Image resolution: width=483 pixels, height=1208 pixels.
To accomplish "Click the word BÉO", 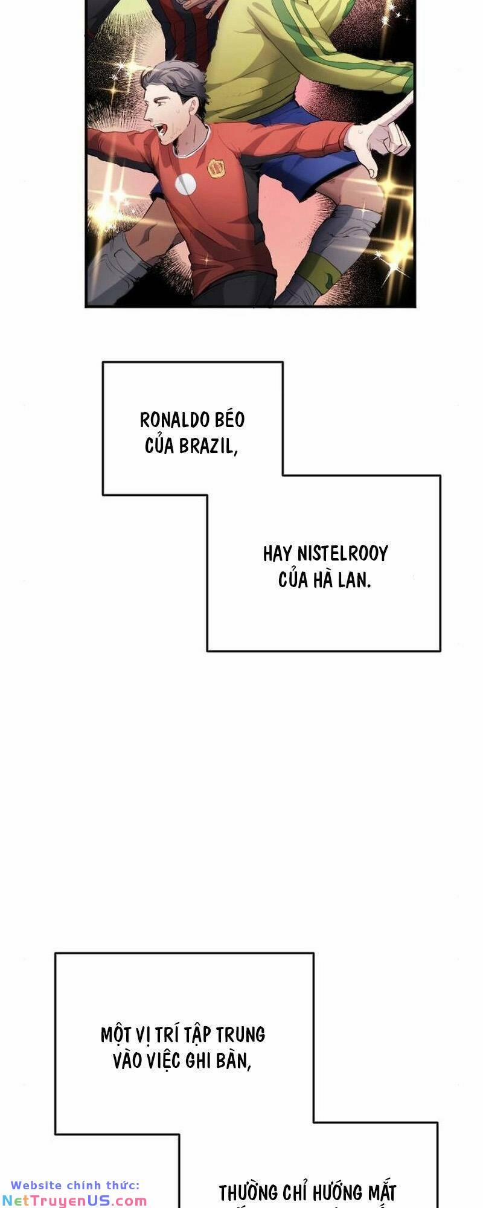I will tap(229, 420).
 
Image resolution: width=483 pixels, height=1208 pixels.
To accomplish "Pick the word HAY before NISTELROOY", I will tap(277, 554).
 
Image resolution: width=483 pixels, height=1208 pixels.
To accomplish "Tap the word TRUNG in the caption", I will tap(241, 1035).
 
